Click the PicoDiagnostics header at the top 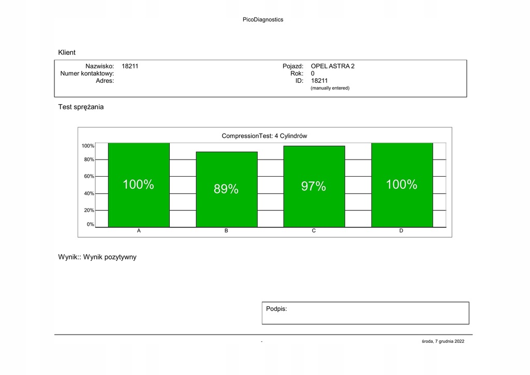[x=263, y=20]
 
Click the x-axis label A [x=139, y=231]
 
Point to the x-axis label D [x=401, y=231]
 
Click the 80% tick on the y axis [x=89, y=160]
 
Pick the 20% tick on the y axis [x=89, y=210]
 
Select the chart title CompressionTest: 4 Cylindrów [x=264, y=136]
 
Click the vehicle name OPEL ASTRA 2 [x=332, y=66]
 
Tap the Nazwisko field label [x=99, y=66]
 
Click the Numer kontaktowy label [x=87, y=74]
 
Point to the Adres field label [x=105, y=81]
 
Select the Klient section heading [x=67, y=52]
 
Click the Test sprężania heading [x=81, y=107]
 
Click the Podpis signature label [x=276, y=309]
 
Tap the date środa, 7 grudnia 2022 [x=443, y=341]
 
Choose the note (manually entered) [x=330, y=88]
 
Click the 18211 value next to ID [x=319, y=81]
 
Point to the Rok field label [x=297, y=74]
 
